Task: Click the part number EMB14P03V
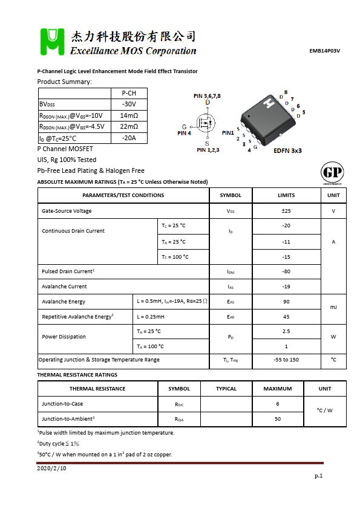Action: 324,51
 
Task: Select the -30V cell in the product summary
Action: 129,104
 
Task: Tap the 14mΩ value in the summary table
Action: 129,115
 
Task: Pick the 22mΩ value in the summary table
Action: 129,126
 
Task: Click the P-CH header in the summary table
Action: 129,93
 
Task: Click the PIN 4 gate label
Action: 184,133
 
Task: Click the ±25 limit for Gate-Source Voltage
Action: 286,211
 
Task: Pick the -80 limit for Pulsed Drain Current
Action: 286,271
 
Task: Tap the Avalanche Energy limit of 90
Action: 286,301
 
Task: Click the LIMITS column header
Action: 286,195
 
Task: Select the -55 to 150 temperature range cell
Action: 286,360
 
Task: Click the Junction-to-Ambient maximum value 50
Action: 278,418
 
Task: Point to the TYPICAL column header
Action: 226,389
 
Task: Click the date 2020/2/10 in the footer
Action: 51,468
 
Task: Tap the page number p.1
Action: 318,476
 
